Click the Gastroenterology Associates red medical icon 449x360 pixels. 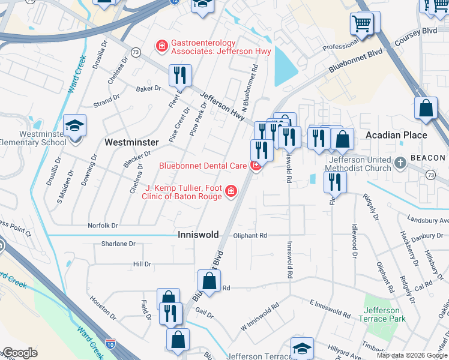pyautogui.click(x=161, y=46)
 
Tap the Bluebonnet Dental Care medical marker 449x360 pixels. pyautogui.click(x=256, y=165)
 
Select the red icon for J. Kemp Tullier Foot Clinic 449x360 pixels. pyautogui.click(x=231, y=191)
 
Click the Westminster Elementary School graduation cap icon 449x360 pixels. pyautogui.click(x=76, y=126)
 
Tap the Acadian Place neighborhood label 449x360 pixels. pyautogui.click(x=397, y=135)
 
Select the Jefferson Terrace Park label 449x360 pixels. pyautogui.click(x=382, y=316)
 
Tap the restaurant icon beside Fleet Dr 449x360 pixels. pyautogui.click(x=180, y=76)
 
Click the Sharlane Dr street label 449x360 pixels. pyautogui.click(x=118, y=244)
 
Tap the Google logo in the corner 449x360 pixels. pyautogui.click(x=20, y=353)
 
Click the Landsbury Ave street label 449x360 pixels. pyautogui.click(x=427, y=220)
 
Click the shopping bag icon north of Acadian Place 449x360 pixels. pyautogui.click(x=426, y=109)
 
